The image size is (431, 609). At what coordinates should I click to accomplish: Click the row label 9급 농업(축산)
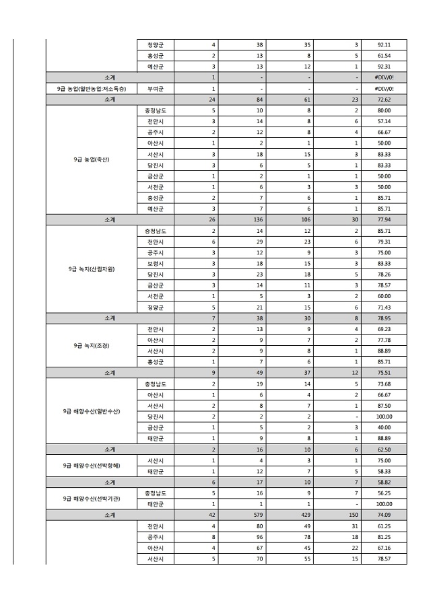point(91,159)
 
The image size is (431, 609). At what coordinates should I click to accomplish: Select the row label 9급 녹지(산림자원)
point(91,268)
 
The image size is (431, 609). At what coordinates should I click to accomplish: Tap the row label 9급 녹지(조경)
point(91,345)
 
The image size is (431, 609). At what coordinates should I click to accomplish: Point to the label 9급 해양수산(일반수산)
point(91,410)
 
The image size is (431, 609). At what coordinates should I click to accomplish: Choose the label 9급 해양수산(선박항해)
point(91,466)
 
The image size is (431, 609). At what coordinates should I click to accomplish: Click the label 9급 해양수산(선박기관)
point(91,498)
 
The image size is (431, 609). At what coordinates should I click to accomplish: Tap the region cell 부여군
point(156,88)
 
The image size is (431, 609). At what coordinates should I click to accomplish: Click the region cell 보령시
point(156,263)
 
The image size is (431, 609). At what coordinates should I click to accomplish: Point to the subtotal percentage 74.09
point(384,515)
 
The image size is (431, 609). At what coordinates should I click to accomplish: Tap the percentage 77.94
point(384,219)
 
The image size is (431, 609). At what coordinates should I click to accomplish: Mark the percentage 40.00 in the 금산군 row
point(384,427)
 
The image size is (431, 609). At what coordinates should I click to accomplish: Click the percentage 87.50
point(384,405)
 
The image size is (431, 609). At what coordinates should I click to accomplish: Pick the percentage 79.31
point(384,242)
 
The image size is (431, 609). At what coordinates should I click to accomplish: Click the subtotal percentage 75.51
point(384,373)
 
